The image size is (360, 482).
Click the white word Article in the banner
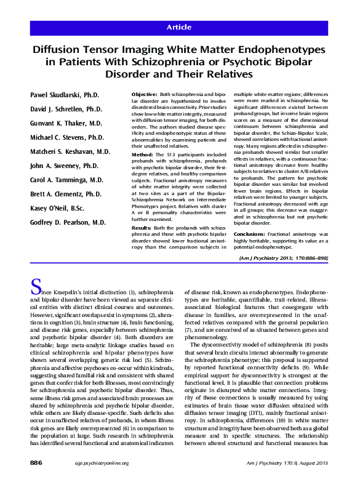[x=180, y=28]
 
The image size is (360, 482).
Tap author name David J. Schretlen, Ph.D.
[x=66, y=109]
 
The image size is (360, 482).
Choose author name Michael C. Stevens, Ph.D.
[x=68, y=137]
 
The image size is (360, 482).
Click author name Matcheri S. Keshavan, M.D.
[x=70, y=151]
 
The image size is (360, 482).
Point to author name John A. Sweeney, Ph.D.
[x=64, y=165]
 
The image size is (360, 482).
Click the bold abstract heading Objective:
[x=145, y=94]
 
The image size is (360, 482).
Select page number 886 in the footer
[x=31, y=462]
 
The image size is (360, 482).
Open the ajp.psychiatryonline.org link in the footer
[x=84, y=462]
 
